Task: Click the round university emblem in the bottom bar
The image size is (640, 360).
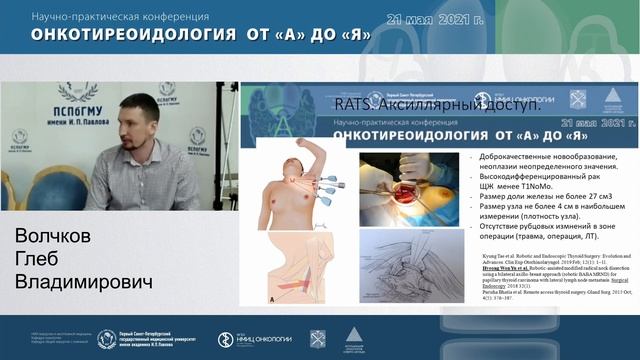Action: (107, 340)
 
